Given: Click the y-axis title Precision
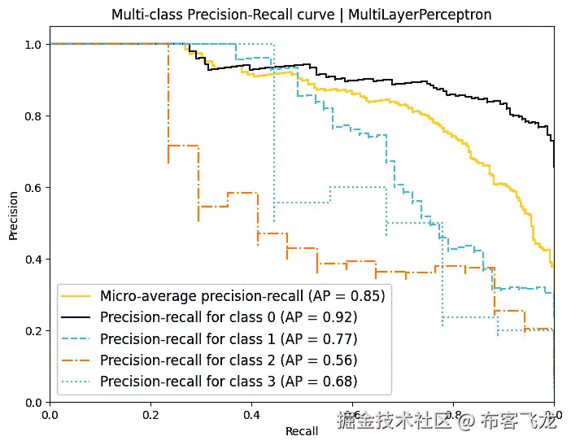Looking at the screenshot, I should [14, 215].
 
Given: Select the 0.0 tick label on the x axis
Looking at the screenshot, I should [50, 415].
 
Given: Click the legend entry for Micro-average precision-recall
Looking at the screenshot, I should [242, 294].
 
